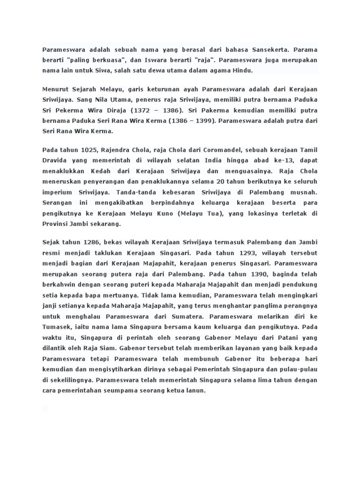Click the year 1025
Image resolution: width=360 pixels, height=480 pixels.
(x=89, y=150)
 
